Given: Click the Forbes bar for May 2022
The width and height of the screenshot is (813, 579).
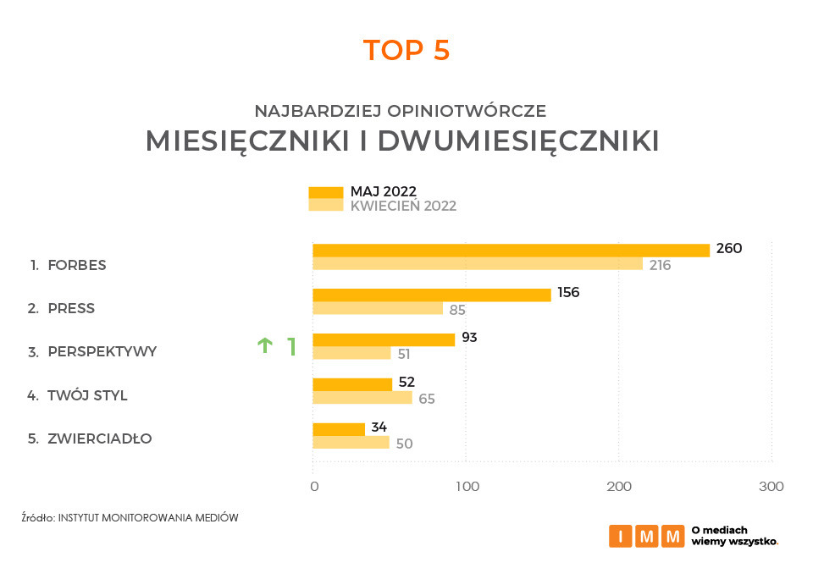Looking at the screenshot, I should coord(511,250).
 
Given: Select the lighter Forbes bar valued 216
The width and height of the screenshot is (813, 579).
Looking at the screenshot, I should coord(478,264).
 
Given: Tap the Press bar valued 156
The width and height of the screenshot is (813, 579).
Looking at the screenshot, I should coord(431,295).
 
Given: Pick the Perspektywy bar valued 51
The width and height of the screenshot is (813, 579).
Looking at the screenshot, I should coord(351,353).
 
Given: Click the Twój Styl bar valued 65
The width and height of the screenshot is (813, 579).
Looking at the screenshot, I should coord(362,397).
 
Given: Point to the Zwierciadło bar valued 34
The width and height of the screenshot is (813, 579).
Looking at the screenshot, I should coord(339,429).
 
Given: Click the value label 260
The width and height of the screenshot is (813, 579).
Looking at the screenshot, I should coord(728,249).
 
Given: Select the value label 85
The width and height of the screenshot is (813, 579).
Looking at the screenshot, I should coord(457,310).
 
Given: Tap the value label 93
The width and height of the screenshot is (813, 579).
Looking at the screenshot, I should coord(469,338).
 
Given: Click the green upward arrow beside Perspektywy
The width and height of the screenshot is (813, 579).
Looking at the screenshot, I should coord(265,345).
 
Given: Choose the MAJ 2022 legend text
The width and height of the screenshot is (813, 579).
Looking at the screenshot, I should coord(384,191).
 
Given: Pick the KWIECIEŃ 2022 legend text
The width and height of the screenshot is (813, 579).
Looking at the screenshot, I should coord(403,206).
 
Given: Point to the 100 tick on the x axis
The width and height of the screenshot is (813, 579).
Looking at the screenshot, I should coord(467,487).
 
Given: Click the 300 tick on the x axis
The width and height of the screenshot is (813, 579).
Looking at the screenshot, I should coord(772,487).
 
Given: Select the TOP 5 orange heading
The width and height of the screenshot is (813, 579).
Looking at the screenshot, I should coord(406,51).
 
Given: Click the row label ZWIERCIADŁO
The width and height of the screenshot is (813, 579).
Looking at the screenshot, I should coord(100,438).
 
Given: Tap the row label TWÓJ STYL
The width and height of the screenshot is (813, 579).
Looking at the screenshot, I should coord(88,395).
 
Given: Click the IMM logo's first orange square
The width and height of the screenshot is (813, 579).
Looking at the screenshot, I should coord(620,536).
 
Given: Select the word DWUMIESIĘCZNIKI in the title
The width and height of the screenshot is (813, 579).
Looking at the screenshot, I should coord(518,141).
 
